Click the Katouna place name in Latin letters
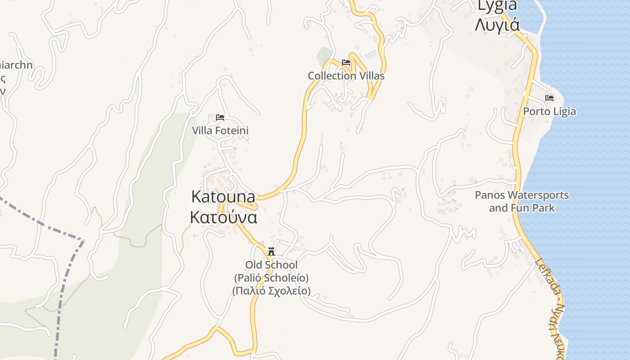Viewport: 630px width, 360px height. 223,197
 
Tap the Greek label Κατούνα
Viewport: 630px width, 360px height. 223,217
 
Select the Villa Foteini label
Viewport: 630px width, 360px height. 220,130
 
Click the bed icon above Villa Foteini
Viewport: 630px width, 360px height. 220,117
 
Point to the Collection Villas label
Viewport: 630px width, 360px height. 346,76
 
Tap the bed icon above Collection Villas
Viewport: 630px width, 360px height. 346,62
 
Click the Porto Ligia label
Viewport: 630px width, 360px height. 549,111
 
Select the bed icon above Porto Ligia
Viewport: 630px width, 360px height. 549,98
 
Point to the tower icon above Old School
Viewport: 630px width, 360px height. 271,251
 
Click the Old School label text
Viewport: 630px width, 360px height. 271,265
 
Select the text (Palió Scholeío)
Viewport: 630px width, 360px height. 271,278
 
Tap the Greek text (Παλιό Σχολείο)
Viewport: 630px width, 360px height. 271,291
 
